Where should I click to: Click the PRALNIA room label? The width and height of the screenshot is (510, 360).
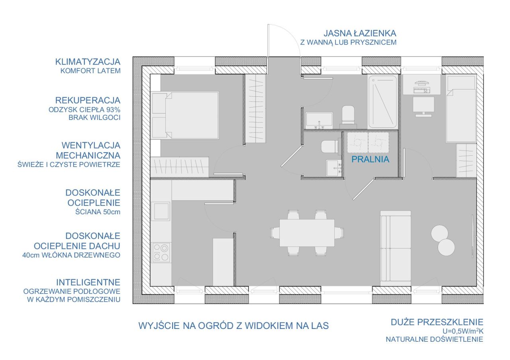(x=370, y=159)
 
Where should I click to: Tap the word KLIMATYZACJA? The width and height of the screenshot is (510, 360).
(x=88, y=62)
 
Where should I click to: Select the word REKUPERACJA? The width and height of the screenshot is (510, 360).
(x=88, y=100)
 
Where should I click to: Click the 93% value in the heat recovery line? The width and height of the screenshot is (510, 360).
(x=114, y=110)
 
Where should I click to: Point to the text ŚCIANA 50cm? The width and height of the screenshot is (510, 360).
(x=98, y=212)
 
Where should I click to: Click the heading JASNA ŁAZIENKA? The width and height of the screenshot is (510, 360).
(x=360, y=33)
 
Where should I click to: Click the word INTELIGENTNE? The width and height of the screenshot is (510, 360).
(x=88, y=282)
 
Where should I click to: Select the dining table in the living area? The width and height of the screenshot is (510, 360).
(x=307, y=233)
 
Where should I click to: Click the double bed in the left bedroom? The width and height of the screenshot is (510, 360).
(x=184, y=115)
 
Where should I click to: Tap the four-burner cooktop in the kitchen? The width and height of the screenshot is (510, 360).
(x=161, y=252)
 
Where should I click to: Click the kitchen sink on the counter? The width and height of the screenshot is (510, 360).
(x=161, y=211)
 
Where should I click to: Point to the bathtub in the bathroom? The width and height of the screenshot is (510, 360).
(x=383, y=102)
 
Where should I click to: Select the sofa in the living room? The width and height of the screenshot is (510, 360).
(x=396, y=248)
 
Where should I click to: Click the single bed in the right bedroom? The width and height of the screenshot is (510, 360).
(x=461, y=109)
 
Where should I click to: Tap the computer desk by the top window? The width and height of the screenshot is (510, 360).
(x=422, y=84)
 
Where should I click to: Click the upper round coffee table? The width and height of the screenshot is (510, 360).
(x=439, y=233)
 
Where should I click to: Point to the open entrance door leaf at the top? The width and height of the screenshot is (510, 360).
(x=269, y=40)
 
